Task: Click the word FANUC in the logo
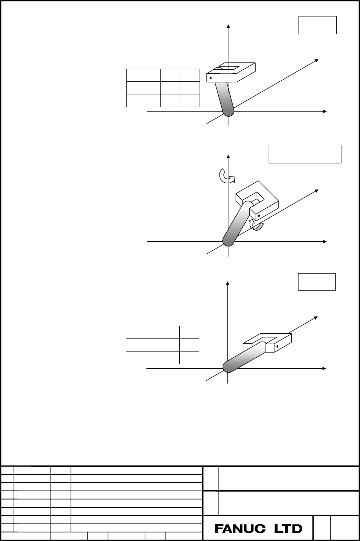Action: (240, 529)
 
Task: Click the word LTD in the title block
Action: (288, 529)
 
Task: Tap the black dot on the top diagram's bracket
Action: (211, 78)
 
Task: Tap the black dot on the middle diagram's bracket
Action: (259, 216)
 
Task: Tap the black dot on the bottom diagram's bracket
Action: (277, 347)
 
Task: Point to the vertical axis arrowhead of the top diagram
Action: (228, 26)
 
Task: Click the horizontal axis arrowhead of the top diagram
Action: (325, 111)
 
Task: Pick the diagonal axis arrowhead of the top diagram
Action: (316, 60)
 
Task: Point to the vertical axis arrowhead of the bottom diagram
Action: (227, 283)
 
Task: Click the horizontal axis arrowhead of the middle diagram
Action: (325, 242)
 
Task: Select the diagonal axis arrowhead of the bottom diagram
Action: (316, 318)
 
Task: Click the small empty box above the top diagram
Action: (317, 25)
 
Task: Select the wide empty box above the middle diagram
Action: (305, 154)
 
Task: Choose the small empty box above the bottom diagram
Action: (316, 282)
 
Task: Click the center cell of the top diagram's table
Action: (170, 88)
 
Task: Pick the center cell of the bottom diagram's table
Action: (170, 345)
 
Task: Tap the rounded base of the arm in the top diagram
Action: (228, 112)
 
